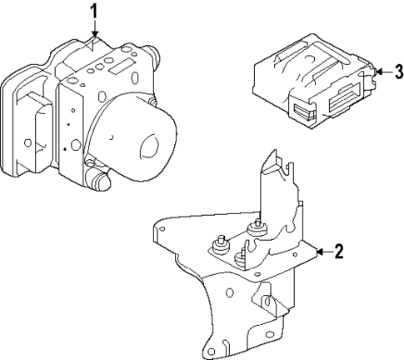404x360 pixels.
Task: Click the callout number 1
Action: (x=94, y=11)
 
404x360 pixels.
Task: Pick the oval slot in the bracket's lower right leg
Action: (x=268, y=297)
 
